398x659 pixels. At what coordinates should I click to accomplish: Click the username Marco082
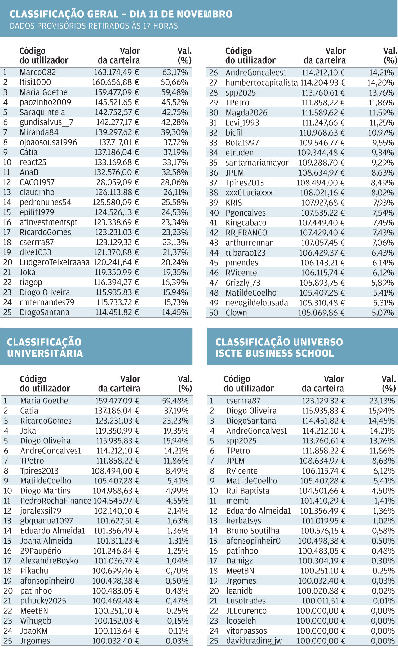38,72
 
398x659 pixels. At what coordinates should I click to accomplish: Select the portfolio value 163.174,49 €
116,72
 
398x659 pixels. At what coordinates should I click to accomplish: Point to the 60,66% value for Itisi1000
174,82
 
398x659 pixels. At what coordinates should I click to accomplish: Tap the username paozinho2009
45,102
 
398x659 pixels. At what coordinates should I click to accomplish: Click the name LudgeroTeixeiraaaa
55,262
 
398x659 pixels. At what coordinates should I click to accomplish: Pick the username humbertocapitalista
262,82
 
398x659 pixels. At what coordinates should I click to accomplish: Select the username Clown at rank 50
236,313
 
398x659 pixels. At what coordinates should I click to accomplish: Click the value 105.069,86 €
321,313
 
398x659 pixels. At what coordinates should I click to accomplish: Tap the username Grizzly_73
243,283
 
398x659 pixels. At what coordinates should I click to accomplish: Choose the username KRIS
234,203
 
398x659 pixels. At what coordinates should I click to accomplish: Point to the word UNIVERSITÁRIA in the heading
45,353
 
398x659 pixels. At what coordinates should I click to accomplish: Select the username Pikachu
34,571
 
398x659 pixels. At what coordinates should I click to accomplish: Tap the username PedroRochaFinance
56,501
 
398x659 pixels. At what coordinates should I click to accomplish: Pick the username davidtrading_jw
254,641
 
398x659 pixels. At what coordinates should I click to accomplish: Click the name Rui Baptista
248,491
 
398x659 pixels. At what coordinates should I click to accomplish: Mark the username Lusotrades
246,601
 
